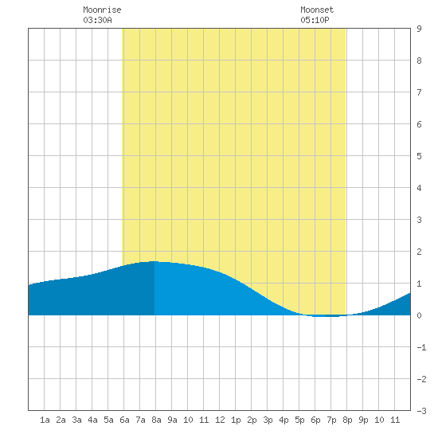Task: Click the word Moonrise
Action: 102,10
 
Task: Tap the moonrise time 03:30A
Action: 97,20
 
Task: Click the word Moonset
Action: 317,10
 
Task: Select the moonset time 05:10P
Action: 315,20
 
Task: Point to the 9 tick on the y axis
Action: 419,29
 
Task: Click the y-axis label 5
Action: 419,156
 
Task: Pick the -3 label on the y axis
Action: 421,411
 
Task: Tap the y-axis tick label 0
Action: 419,315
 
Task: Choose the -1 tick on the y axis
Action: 421,347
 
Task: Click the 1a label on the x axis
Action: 45,420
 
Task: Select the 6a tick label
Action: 124,420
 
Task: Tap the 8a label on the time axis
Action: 156,420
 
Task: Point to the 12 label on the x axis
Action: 220,420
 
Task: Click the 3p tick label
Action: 268,420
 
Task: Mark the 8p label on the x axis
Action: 347,420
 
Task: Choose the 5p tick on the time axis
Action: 299,420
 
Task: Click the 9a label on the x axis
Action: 172,420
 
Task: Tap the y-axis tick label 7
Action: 419,92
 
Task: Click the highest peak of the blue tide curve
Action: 154,261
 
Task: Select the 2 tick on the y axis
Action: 419,252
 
